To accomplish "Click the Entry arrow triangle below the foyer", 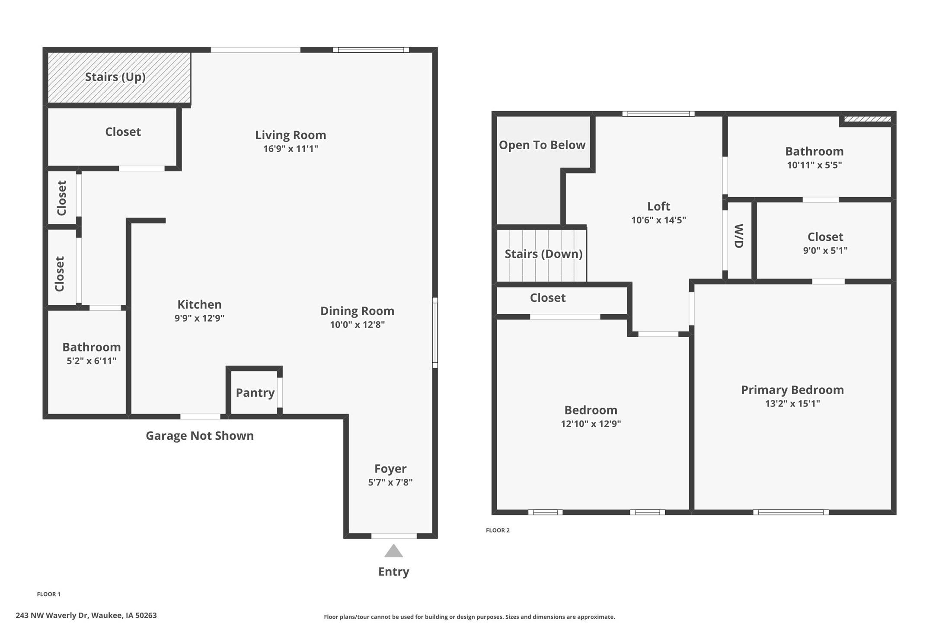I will [393, 551].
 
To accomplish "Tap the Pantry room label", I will [255, 393].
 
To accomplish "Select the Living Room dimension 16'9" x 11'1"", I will [291, 149].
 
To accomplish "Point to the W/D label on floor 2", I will [739, 236].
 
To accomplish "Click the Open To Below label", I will [542, 145].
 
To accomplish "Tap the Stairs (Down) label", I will [543, 254].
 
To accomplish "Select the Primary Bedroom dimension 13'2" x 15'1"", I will [792, 403].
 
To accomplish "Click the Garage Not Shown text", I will [199, 435].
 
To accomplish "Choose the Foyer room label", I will [390, 469].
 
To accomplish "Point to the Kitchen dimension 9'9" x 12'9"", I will [199, 318].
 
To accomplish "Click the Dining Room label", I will [357, 311].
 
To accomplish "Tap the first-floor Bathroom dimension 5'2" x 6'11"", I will [91, 361].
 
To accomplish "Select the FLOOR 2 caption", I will [498, 530].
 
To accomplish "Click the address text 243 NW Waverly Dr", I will [86, 615].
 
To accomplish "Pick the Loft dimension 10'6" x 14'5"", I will [658, 220].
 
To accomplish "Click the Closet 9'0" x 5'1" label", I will [825, 237].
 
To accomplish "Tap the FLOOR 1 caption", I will [49, 594].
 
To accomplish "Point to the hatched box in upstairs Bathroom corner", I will [867, 119].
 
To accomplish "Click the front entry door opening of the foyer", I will [394, 536].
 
